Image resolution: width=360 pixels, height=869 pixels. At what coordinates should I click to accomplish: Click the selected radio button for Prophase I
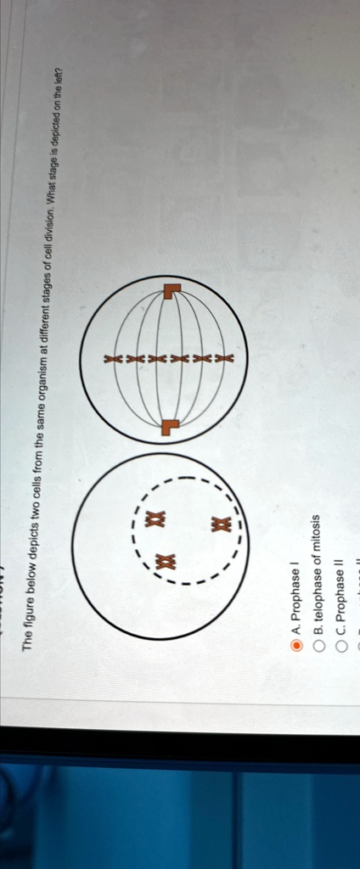click(295, 645)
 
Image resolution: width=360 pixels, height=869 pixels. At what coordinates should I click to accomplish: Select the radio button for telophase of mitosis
click(318, 645)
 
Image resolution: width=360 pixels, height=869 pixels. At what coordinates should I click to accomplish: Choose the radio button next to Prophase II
click(341, 645)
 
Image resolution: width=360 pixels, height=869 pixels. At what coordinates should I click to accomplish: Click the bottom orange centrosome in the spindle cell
click(171, 425)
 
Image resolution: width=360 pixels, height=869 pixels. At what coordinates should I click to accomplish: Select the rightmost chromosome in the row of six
click(223, 358)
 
